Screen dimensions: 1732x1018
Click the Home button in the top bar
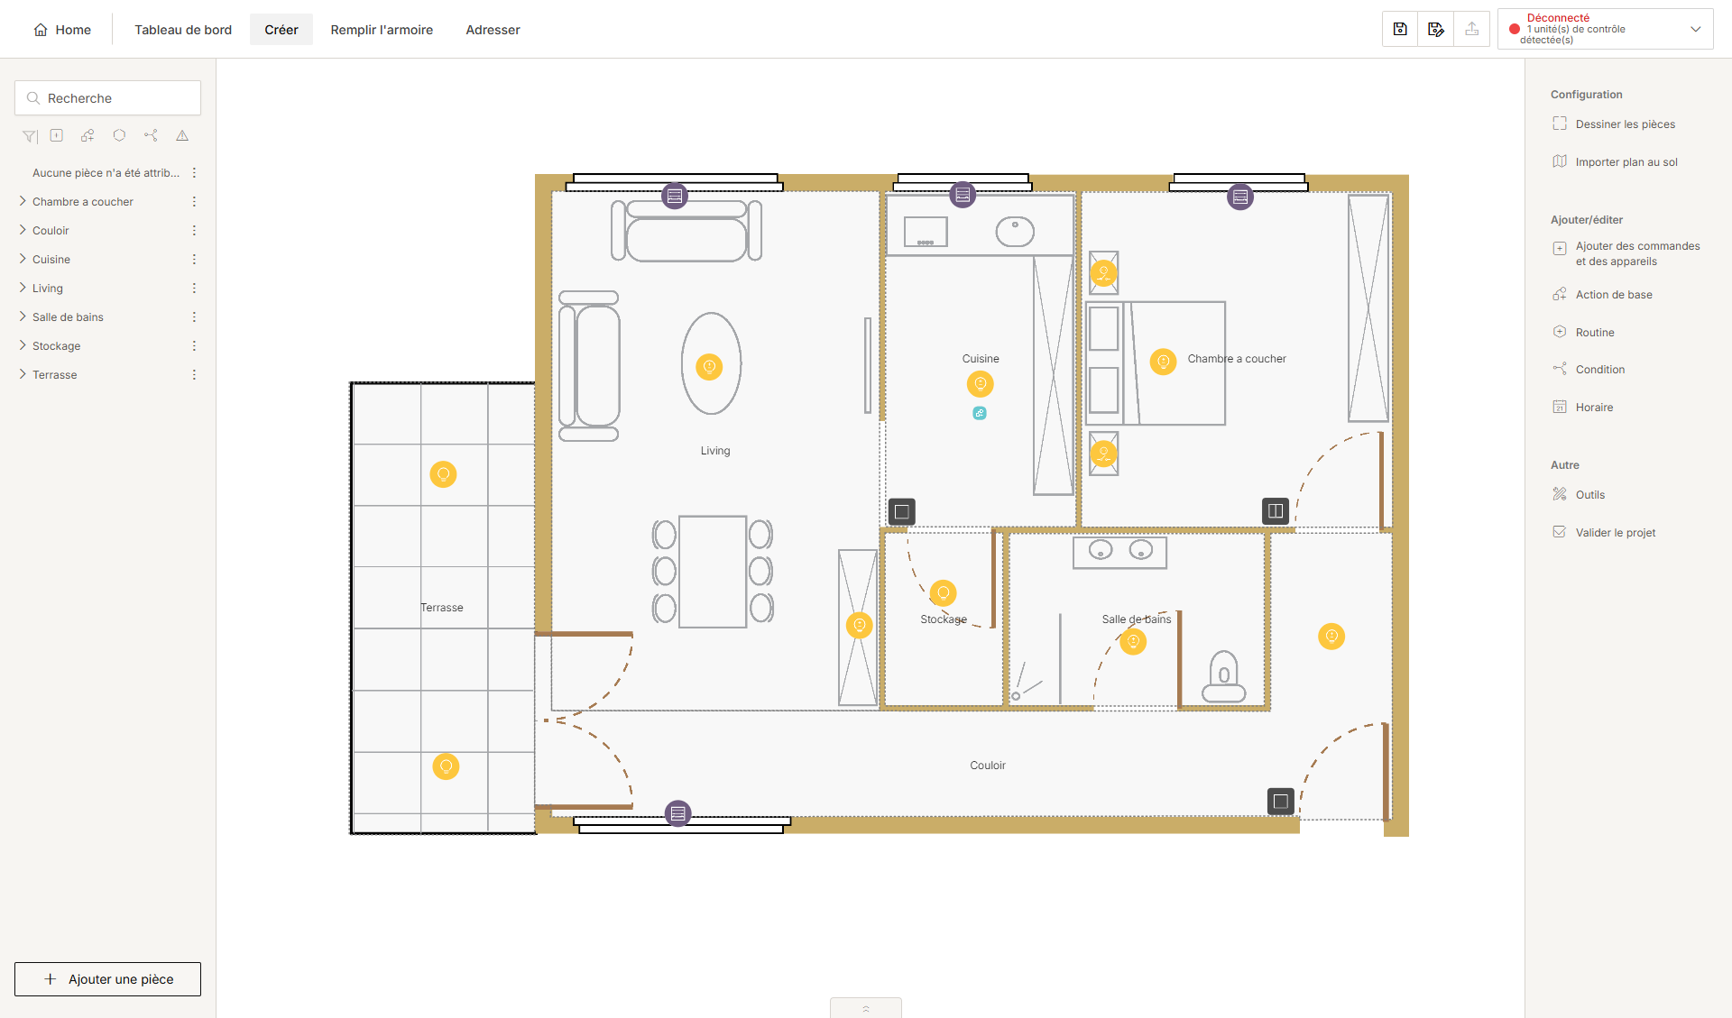62,30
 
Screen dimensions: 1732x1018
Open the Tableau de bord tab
183,30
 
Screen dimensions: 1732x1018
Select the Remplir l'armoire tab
382,30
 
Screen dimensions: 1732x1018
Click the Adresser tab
493,30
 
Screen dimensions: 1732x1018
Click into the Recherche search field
108,98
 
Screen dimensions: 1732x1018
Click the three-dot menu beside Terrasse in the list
194,374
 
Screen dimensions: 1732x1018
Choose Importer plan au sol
1626,162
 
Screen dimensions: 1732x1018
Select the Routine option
1594,333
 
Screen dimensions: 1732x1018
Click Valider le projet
1615,533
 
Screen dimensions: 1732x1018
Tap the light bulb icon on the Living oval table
709,367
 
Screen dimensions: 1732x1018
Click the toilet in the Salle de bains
1224,677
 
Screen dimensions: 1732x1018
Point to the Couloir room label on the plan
988,766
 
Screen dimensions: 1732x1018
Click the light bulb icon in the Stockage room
943,592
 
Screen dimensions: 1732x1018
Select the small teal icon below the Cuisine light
980,413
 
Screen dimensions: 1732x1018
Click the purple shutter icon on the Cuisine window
963,195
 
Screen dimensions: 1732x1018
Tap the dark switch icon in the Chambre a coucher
1275,511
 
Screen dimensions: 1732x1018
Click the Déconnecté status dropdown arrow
1695,30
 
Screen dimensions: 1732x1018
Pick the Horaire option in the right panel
1594,408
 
